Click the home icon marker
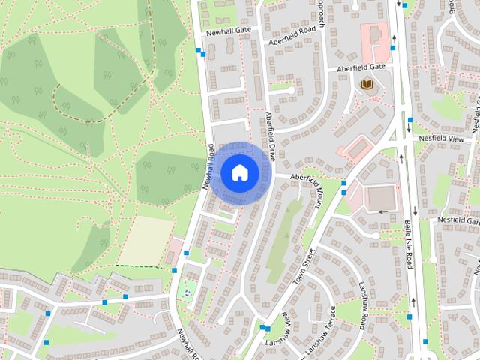pos(239,173)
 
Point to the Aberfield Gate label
pos(361,67)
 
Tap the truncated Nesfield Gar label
pos(462,221)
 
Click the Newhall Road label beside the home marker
pos(208,166)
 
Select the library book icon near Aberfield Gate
pos(367,83)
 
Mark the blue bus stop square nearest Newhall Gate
pos(199,52)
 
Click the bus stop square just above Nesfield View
pos(409,120)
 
